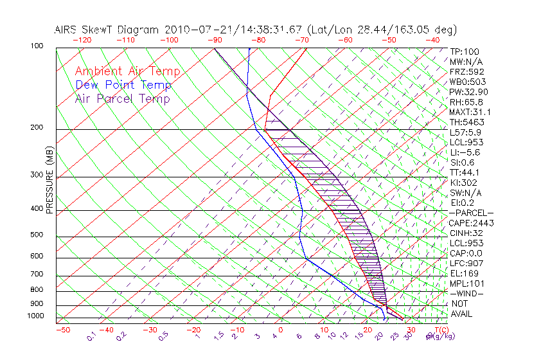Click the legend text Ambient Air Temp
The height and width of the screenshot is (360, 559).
point(127,71)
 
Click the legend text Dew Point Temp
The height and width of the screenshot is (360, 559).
point(123,85)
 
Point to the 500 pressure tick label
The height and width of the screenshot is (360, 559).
point(37,236)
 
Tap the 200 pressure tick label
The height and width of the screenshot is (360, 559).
point(37,128)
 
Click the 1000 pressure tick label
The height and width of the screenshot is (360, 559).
point(35,316)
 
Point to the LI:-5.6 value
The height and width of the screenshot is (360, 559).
point(465,152)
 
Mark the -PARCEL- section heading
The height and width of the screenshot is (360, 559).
point(471,213)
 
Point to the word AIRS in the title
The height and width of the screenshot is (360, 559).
point(67,30)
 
